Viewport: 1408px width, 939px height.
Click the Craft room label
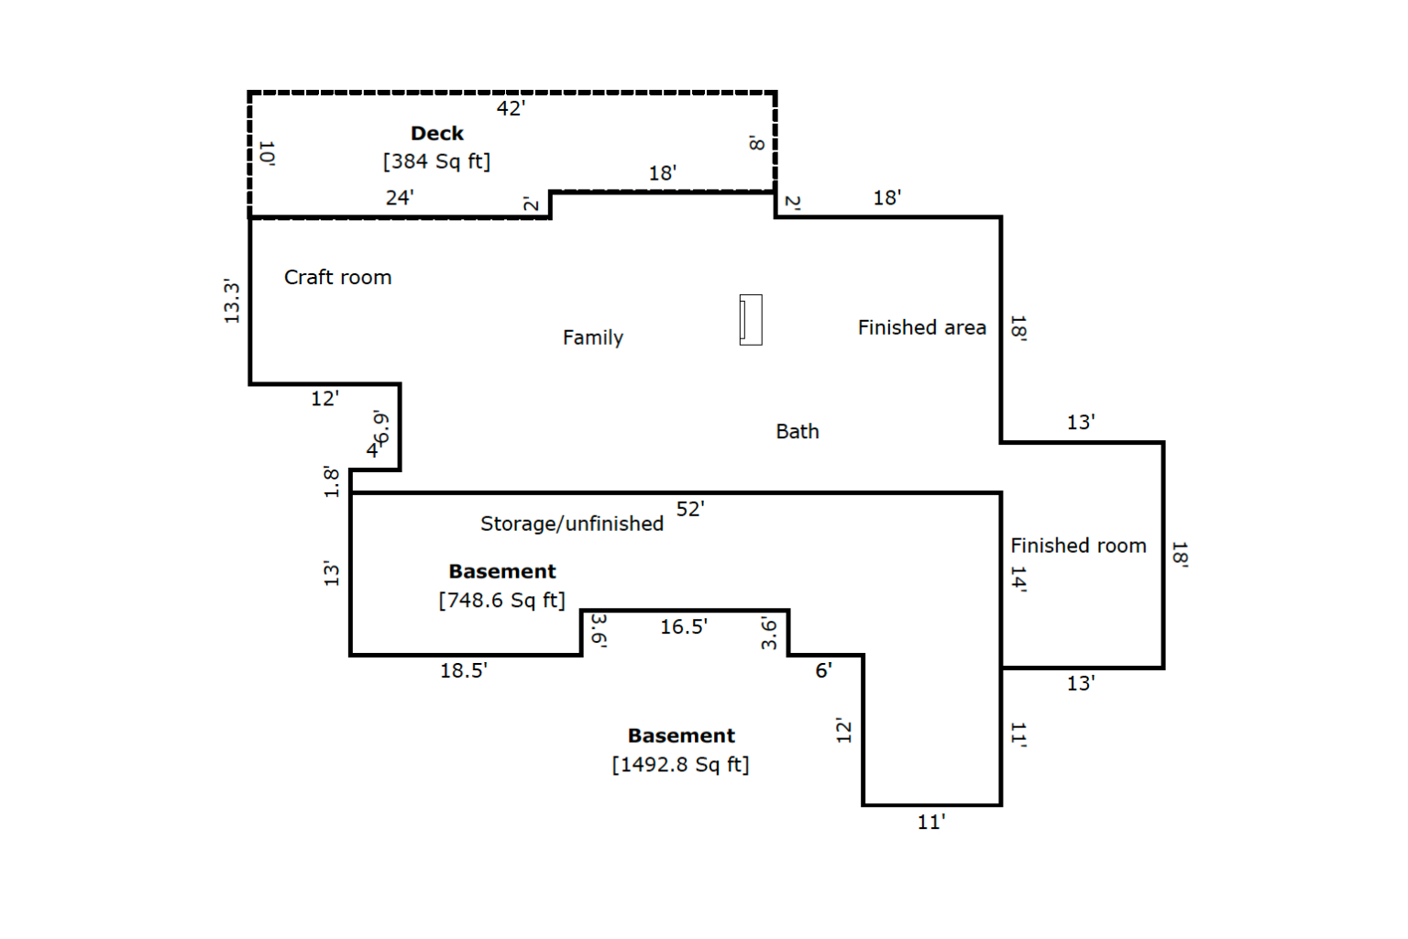[337, 277]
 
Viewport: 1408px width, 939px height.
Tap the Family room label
[593, 337]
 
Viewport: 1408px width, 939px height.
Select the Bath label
[797, 432]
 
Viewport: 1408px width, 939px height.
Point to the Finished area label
[921, 327]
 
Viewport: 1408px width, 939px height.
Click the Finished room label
[1078, 546]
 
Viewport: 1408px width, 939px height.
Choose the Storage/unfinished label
[572, 524]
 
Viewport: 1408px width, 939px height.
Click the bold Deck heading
[437, 133]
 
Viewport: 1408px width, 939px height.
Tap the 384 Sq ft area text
[437, 161]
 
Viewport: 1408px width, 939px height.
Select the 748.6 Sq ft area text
[502, 601]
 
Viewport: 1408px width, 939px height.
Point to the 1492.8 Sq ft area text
[681, 765]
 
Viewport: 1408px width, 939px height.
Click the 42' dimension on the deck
[511, 109]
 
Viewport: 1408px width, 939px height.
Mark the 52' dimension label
[690, 509]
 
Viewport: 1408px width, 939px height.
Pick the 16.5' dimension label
[683, 627]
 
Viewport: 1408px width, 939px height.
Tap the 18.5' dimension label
[463, 671]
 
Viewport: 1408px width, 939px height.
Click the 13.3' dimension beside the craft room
[232, 302]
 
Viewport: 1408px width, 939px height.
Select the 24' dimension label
[400, 198]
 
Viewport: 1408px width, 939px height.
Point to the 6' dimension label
[823, 671]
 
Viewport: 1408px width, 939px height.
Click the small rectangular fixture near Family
[751, 319]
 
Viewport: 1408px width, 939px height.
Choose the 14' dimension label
[1018, 580]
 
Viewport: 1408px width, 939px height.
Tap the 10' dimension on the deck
[267, 153]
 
